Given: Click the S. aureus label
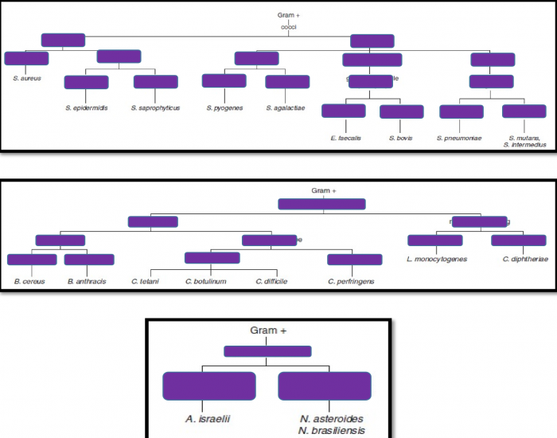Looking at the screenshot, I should [26, 78].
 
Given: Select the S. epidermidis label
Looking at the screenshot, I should [86, 108].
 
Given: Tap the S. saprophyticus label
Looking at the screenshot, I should [155, 108].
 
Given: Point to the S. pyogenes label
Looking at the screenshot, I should [224, 108].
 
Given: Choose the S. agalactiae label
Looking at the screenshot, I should [286, 108].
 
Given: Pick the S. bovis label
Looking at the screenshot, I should [401, 138].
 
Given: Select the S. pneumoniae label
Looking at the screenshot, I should [459, 138].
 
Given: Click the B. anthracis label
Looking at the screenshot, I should [88, 281].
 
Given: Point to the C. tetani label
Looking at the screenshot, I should [146, 281].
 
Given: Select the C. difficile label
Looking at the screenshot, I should [271, 281].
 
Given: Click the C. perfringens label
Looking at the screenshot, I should [351, 281].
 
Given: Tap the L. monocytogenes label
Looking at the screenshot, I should [436, 259].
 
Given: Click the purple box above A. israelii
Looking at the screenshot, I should [208, 386].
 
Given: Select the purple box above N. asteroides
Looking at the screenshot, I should [325, 386].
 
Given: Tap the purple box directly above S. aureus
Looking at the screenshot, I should [26, 58].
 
